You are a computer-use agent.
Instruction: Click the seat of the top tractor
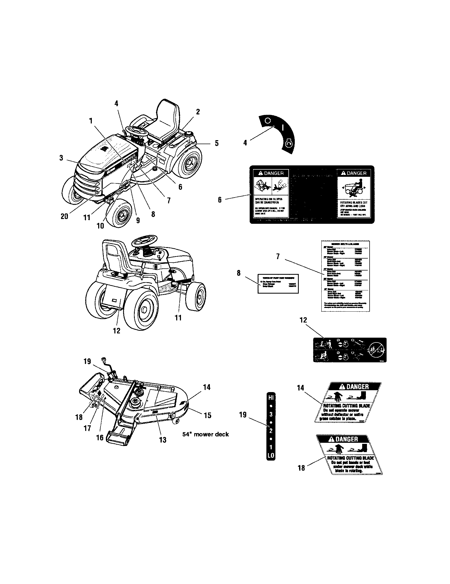pos(163,126)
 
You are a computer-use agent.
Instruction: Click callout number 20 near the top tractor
pos(64,216)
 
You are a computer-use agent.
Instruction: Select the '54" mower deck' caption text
pos(205,434)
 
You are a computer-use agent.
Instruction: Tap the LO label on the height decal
pos(271,455)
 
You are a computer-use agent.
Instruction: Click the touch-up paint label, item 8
pos(278,284)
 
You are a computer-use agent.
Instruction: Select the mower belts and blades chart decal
pos(345,276)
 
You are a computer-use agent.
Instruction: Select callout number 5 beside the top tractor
pos(217,143)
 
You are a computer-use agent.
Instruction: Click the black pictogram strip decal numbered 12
pos(349,350)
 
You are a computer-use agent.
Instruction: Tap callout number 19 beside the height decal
pos(243,415)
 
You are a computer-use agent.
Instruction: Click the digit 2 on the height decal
pos(271,431)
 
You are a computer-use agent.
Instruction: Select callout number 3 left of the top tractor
pos(61,158)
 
